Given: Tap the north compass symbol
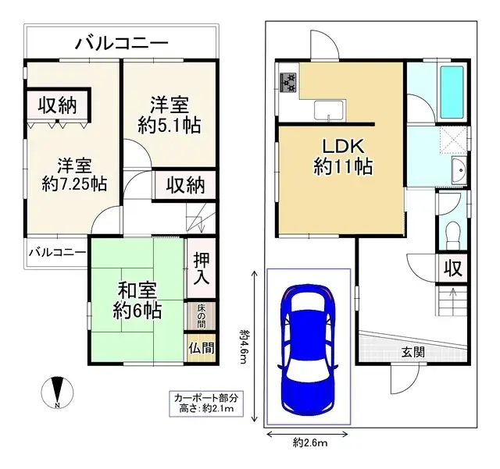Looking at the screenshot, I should coord(59,393).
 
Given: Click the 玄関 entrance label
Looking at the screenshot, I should coord(413,353).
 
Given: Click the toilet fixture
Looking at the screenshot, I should coord(451,232).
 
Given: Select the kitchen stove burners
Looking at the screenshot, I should coord(287,80).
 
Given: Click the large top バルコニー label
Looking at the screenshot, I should coord(120,43).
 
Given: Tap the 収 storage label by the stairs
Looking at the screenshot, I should coord(452,269).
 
